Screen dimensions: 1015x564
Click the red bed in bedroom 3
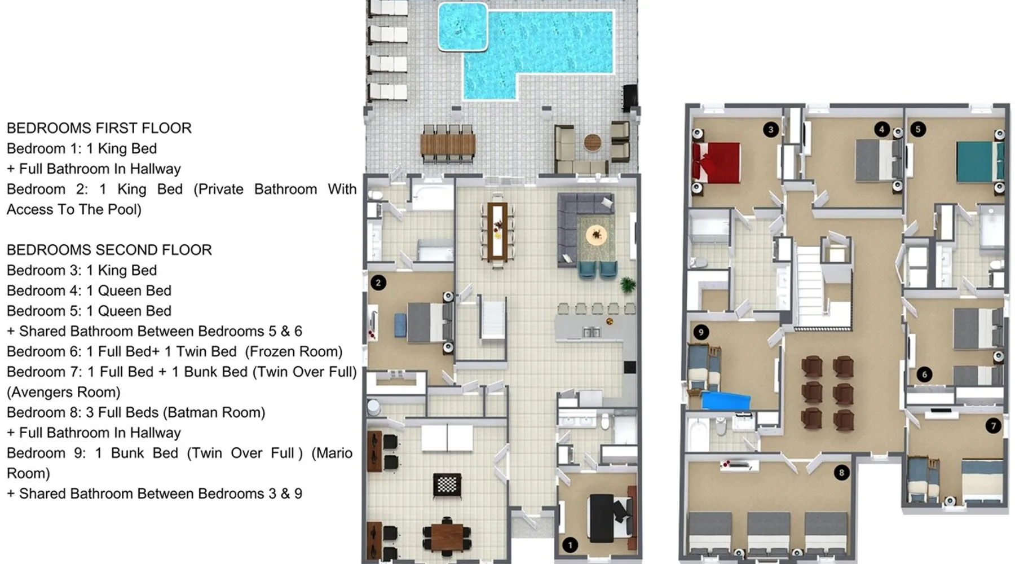click(x=716, y=163)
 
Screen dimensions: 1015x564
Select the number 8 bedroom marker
click(x=841, y=473)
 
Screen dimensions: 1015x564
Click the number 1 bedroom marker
click(x=570, y=545)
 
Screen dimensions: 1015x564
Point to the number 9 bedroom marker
click(x=701, y=332)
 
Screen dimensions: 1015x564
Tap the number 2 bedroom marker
click(x=378, y=283)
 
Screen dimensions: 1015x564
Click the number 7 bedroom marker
click(x=993, y=426)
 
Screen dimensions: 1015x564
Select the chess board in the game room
click(x=447, y=484)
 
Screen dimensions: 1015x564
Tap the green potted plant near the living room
click(x=627, y=284)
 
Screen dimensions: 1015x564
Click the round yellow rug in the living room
click(x=596, y=234)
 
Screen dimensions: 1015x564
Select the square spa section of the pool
click(x=463, y=27)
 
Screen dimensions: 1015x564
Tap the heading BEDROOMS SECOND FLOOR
click(x=109, y=250)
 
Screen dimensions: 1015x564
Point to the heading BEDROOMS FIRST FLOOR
click(x=99, y=128)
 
